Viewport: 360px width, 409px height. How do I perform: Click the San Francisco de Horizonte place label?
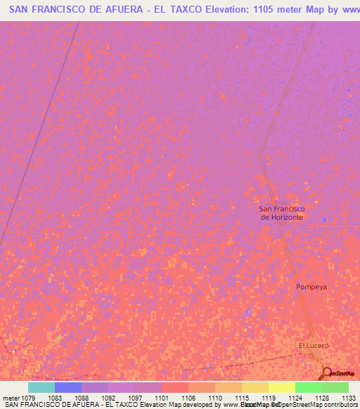281,213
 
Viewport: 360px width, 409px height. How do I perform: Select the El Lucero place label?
313,346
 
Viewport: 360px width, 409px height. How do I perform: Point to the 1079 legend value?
28,398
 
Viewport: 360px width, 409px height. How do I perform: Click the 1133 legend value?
349,398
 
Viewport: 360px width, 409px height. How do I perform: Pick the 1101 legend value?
162,398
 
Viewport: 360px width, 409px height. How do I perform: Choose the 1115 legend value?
242,398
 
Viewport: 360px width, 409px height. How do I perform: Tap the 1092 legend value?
108,398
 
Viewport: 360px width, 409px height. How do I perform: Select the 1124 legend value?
295,398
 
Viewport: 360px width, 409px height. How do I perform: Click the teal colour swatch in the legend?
41,387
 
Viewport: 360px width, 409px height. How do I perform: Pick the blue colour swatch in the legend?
68,387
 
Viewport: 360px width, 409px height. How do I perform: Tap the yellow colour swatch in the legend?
282,387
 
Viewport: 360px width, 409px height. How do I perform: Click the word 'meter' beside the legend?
10,398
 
